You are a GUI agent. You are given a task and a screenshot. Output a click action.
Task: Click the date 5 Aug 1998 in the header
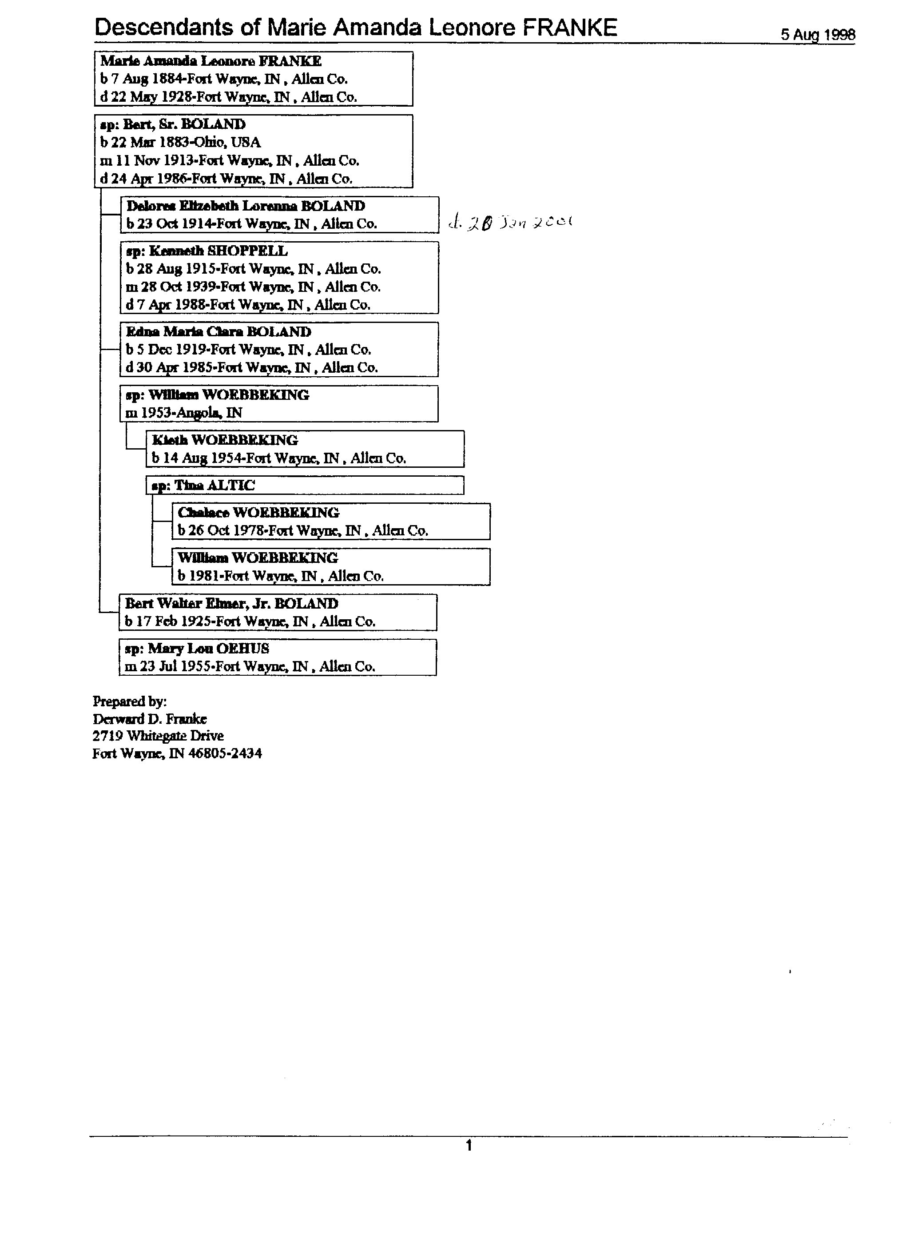point(818,35)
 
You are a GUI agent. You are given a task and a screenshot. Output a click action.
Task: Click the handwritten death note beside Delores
point(511,223)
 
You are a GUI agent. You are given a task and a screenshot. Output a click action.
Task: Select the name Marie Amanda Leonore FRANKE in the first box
point(211,61)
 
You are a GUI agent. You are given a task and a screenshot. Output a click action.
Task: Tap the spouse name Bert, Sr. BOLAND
point(184,124)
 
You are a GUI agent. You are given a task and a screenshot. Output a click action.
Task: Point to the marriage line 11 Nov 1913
point(229,160)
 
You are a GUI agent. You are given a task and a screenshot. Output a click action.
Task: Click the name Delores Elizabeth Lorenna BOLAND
point(246,206)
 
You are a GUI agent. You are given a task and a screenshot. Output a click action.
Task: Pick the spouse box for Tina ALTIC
point(305,486)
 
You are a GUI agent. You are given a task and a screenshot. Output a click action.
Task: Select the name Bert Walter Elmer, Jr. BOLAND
point(231,604)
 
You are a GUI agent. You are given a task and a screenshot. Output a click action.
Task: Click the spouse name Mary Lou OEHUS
point(208,649)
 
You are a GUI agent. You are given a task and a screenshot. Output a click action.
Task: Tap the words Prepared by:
point(130,701)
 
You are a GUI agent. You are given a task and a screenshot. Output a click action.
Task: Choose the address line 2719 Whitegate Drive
point(159,736)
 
